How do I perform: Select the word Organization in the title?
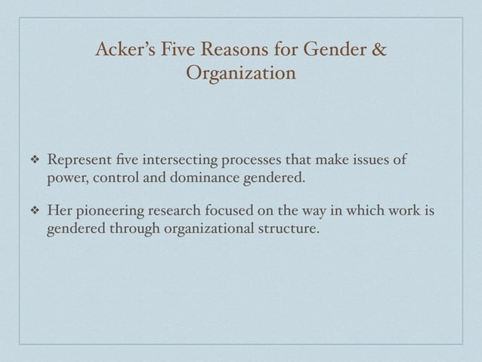[240, 76]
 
